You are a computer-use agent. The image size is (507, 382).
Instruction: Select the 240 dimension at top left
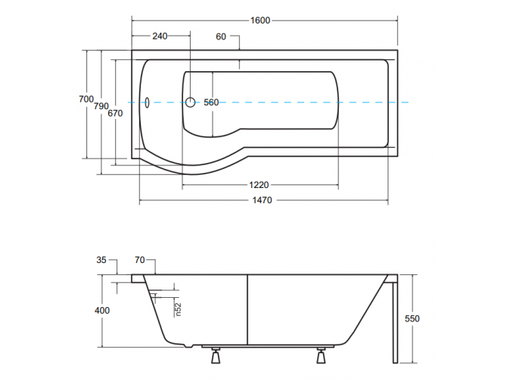(160, 36)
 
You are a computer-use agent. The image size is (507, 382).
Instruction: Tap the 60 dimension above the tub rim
(221, 36)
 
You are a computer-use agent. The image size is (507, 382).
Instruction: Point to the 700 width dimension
(86, 99)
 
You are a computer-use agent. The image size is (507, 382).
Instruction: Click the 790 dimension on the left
(101, 107)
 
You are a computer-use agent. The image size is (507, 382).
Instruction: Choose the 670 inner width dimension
(115, 114)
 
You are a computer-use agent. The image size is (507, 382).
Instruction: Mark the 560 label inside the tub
(210, 102)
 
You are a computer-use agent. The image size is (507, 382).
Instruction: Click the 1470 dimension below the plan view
(263, 200)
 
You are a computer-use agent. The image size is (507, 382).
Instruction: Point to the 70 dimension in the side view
(139, 260)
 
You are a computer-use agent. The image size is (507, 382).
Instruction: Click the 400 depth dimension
(103, 311)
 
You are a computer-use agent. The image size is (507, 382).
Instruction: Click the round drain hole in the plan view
(191, 102)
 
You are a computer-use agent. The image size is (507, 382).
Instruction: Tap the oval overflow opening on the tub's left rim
(147, 102)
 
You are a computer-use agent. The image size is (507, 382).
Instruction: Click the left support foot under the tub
(214, 355)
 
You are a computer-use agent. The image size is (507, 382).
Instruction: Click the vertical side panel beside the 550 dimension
(393, 318)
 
